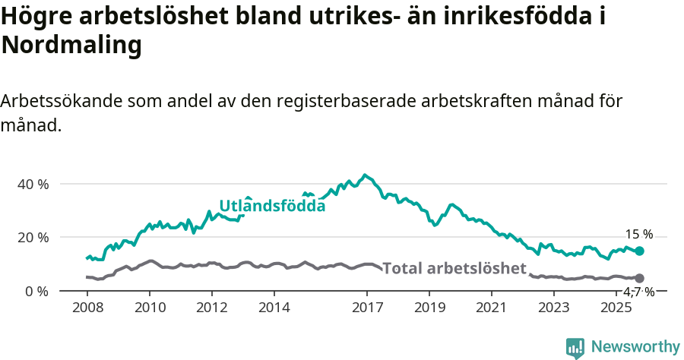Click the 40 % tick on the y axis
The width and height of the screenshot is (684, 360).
(x=33, y=184)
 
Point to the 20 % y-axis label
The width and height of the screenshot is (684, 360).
(x=33, y=237)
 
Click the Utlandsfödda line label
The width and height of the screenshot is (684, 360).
(x=272, y=205)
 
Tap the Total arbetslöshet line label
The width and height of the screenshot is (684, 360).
(x=454, y=268)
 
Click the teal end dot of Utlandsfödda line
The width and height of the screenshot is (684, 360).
(x=640, y=251)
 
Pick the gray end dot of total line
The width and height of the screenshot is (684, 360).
(x=640, y=279)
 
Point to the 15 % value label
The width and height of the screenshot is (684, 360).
(x=639, y=234)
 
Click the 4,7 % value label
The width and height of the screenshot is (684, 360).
(x=639, y=292)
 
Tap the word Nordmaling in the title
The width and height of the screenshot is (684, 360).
(x=71, y=46)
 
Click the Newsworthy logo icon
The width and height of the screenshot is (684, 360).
(x=575, y=347)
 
